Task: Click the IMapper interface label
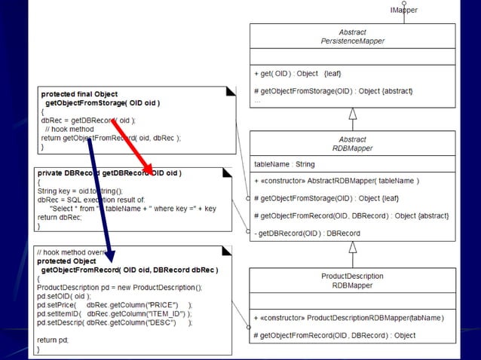pos(403,10)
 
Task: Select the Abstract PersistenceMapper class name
pos(352,37)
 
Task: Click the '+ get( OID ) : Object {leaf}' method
pos(297,74)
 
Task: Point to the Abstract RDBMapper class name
pos(352,144)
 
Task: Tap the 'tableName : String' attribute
pos(284,163)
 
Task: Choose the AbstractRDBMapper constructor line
pos(336,181)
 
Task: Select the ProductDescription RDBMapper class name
pos(352,280)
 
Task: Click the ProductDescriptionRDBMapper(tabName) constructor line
pos(348,318)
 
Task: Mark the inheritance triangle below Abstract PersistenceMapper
pos(352,114)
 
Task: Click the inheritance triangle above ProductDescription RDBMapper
pos(352,247)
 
